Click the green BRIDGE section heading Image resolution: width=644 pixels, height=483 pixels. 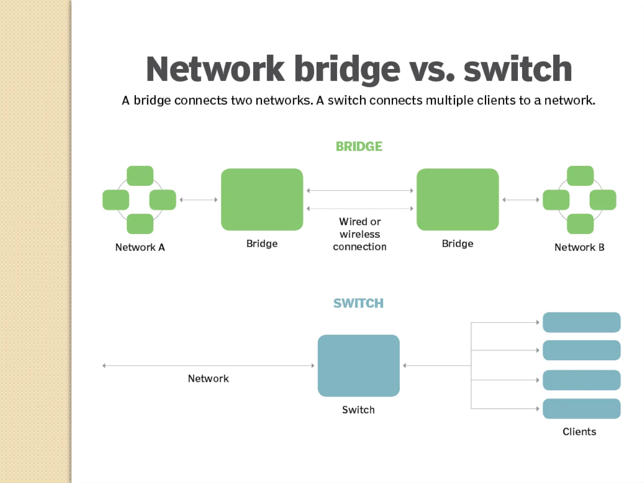pos(359,147)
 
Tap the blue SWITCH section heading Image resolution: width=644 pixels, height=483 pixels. pos(358,303)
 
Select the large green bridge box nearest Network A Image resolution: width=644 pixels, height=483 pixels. pos(262,199)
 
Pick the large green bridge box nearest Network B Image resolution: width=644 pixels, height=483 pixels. pos(458,199)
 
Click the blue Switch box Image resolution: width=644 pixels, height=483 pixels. pos(358,365)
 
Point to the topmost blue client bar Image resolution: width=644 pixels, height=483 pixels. pos(581,322)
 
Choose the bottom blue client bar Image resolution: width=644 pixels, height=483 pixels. pos(581,408)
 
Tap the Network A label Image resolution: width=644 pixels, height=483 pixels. pos(140,247)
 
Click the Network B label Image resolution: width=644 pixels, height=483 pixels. pos(579,247)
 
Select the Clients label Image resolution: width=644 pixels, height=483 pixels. pos(579,432)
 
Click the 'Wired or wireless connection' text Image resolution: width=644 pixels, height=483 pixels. pos(360,234)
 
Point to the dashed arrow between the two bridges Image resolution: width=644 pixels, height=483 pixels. pos(360,208)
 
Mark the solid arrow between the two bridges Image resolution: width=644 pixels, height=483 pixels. pos(360,191)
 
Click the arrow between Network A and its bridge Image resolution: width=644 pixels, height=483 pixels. pos(198,200)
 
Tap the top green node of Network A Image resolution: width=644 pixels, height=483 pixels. pos(140,176)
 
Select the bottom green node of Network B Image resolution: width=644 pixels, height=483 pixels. pos(580,224)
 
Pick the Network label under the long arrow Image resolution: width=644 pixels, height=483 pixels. pos(208,379)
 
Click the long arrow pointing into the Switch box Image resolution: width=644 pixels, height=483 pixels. pos(208,365)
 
